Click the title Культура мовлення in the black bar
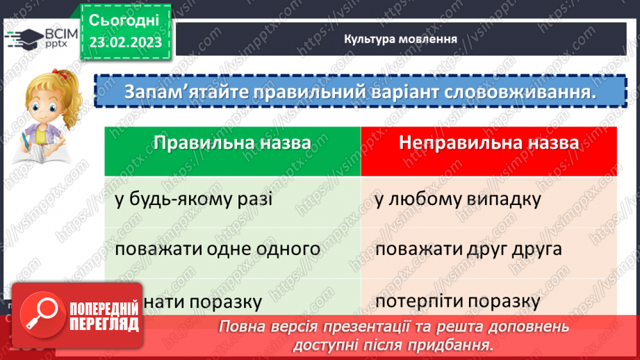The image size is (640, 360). click(400, 38)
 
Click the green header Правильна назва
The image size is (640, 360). click(232, 144)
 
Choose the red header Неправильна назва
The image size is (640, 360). click(489, 144)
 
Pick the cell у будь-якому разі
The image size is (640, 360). click(194, 199)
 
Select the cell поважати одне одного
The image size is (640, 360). click(218, 249)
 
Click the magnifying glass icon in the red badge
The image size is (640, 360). click(39, 312)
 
